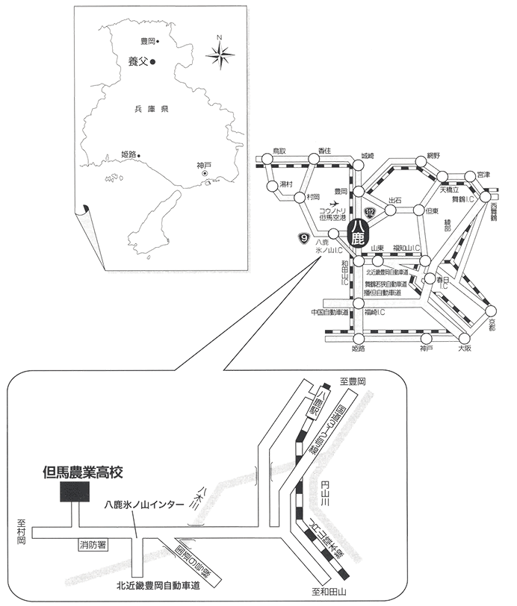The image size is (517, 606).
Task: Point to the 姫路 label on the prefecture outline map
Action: (129, 154)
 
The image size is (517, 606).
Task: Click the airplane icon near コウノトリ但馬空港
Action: (333, 203)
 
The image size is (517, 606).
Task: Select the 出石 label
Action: (395, 200)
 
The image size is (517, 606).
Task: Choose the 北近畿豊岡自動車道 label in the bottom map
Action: (158, 586)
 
